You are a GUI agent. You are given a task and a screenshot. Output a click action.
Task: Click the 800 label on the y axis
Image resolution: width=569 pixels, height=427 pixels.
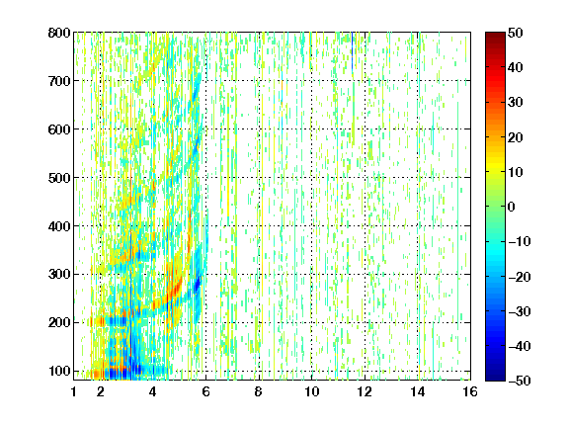click(x=59, y=33)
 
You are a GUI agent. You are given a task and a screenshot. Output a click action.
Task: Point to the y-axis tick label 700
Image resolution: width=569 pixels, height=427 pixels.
click(x=59, y=81)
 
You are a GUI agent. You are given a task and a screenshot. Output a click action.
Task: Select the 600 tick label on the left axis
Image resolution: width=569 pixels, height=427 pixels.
click(x=59, y=129)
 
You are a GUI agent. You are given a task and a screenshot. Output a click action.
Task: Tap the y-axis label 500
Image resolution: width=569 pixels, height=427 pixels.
click(x=59, y=178)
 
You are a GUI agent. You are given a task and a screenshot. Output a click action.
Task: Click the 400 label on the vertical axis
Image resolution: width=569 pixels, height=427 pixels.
click(x=59, y=225)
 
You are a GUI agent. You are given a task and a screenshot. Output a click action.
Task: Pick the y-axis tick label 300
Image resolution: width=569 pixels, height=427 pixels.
click(x=59, y=274)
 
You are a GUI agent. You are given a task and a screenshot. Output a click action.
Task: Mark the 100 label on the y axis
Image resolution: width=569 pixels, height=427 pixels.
click(x=59, y=371)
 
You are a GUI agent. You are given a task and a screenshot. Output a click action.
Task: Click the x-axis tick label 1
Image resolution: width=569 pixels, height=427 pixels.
click(x=74, y=391)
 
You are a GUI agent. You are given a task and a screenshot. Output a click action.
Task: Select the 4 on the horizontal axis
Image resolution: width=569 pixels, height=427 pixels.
click(x=153, y=391)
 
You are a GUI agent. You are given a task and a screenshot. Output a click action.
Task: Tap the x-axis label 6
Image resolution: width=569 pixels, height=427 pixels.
click(x=205, y=391)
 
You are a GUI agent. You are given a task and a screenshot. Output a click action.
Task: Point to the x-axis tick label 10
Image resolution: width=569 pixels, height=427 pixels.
click(x=311, y=391)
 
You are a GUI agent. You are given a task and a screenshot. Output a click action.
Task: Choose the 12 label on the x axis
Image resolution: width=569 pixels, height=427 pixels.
click(x=365, y=391)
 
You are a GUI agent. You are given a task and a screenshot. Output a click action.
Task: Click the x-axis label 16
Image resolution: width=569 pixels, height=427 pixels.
click(x=470, y=391)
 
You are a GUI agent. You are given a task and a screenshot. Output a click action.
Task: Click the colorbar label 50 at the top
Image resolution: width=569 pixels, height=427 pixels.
click(x=516, y=33)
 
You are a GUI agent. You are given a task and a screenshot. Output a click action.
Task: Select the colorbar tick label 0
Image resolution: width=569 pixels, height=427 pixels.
click(x=512, y=207)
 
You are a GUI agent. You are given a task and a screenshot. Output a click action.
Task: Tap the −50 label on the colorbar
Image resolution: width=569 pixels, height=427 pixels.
click(x=520, y=381)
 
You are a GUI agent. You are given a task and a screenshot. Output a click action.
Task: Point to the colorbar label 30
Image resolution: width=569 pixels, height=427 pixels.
click(x=516, y=102)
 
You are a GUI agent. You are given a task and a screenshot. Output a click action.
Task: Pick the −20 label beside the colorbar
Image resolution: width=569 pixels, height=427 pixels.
click(x=520, y=277)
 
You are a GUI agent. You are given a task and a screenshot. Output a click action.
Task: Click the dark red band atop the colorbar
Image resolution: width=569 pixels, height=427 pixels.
click(x=495, y=40)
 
